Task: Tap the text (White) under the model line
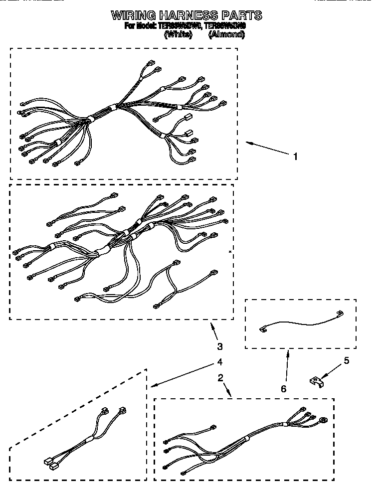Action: (178, 34)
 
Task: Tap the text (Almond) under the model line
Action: (226, 34)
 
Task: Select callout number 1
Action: (296, 157)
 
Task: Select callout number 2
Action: (220, 377)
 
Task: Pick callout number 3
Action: (220, 346)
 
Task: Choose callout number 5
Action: (347, 360)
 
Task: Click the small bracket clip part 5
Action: (315, 382)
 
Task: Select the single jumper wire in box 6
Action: (299, 323)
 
